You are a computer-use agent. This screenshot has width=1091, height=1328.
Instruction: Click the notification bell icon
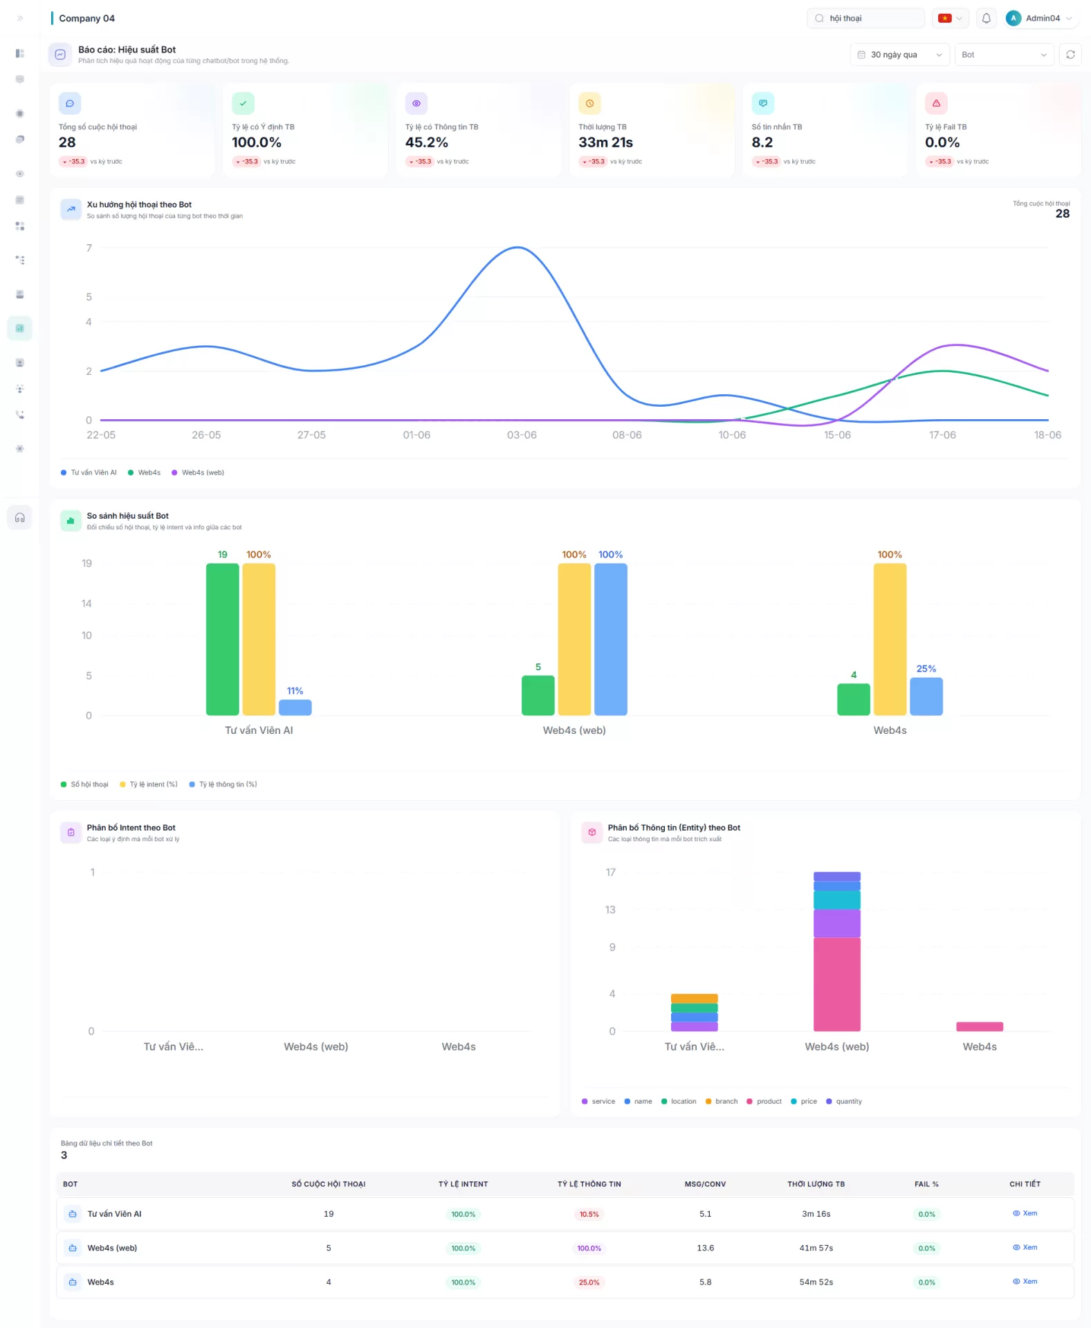(986, 19)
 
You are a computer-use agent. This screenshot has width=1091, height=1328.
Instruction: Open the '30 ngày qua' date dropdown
(899, 55)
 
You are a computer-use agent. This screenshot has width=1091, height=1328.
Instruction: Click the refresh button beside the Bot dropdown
(1070, 55)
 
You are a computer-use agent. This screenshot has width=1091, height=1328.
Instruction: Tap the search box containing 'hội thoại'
(865, 19)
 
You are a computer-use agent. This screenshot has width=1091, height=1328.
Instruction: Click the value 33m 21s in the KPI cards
(605, 142)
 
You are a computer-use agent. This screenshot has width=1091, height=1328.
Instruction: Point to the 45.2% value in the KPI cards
(426, 142)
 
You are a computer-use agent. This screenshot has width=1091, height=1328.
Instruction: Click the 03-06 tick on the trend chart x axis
(522, 435)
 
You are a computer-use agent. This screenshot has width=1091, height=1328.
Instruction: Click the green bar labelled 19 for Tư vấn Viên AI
(223, 639)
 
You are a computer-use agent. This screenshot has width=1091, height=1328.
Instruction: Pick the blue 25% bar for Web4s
(926, 697)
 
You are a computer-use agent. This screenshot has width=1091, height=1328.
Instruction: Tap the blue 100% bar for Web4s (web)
(611, 639)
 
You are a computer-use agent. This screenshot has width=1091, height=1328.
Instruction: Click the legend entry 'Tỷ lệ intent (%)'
(149, 784)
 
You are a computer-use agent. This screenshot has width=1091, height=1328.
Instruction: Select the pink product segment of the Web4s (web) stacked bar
(837, 984)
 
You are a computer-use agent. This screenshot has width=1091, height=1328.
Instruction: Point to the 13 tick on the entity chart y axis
(610, 910)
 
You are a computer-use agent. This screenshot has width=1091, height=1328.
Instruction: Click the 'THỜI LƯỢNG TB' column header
(816, 1184)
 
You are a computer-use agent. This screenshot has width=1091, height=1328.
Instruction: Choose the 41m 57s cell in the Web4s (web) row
(816, 1248)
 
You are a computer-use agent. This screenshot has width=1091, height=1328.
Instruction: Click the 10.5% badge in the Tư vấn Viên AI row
(589, 1214)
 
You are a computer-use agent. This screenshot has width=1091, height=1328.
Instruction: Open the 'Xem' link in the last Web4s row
(1025, 1281)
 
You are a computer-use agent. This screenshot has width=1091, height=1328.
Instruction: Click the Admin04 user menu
(1039, 19)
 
